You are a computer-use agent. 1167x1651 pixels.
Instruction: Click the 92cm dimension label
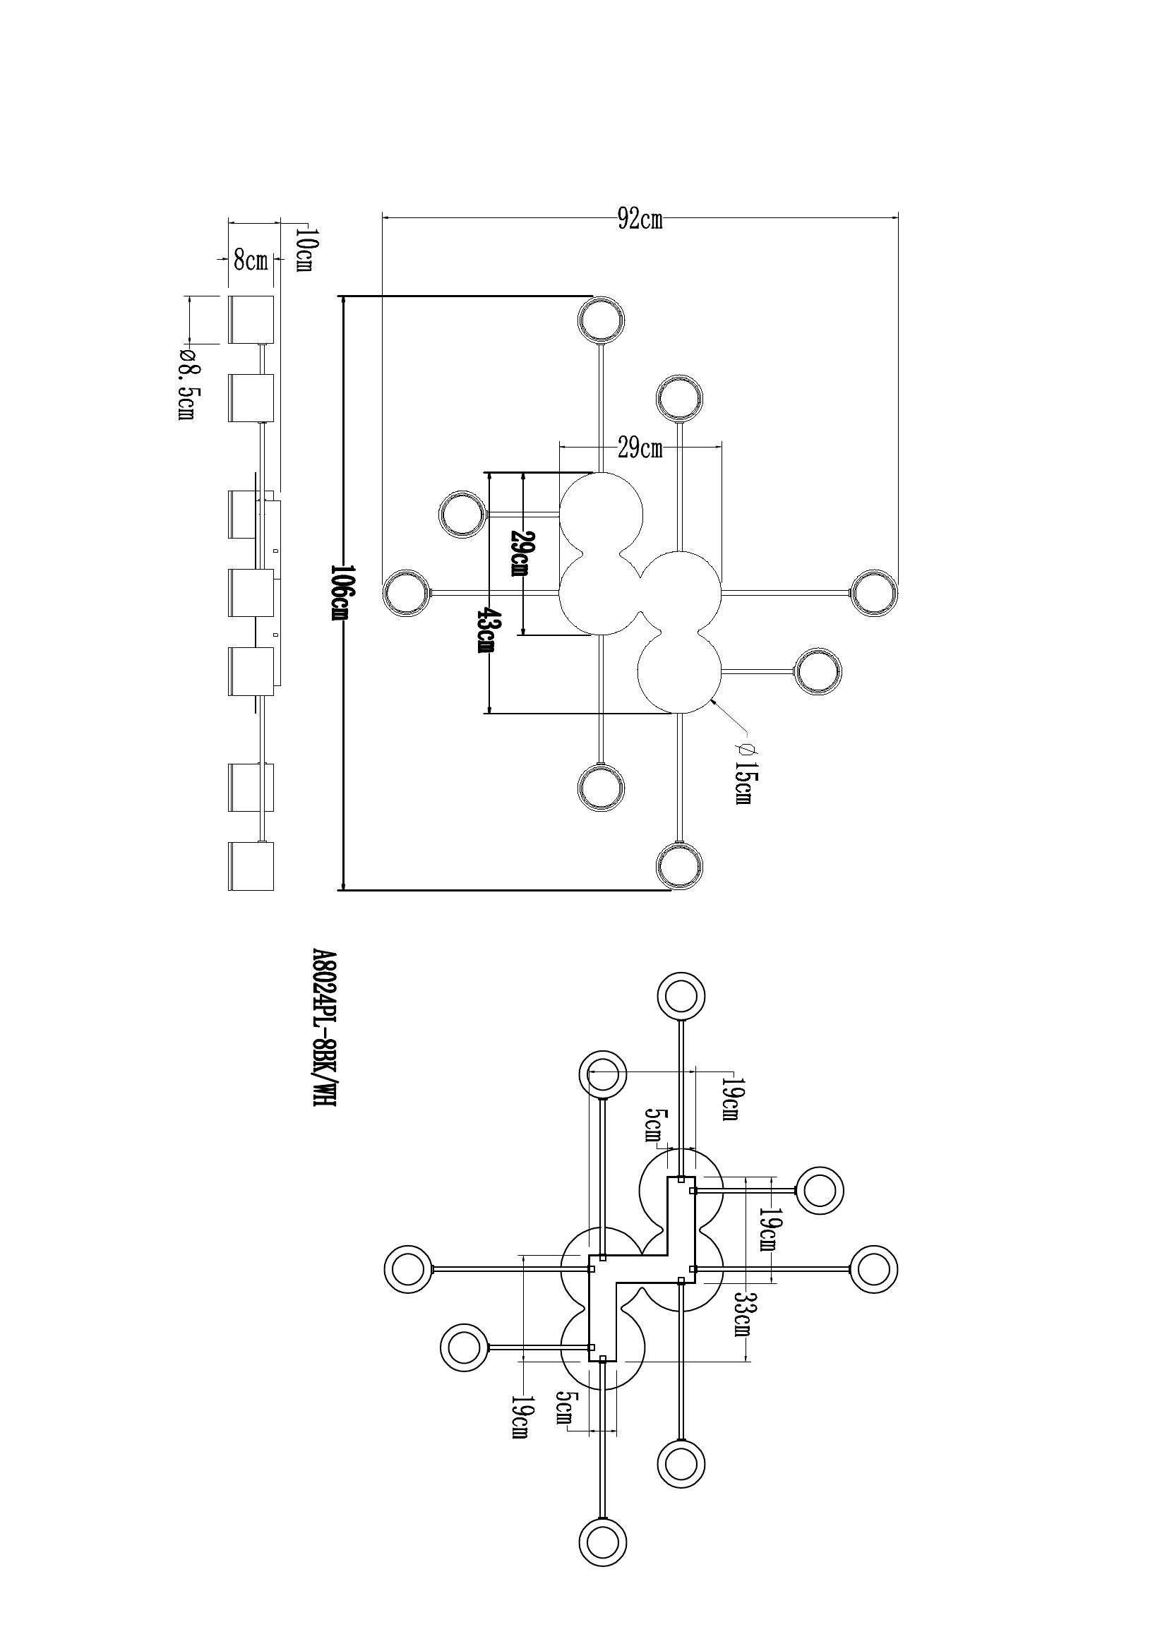(x=640, y=220)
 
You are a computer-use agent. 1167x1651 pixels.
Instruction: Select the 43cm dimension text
(x=487, y=630)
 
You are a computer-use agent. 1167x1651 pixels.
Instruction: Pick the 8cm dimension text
(x=249, y=260)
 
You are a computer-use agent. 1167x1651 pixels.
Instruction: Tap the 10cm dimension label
(x=304, y=248)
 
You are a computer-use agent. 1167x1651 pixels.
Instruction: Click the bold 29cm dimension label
(x=520, y=553)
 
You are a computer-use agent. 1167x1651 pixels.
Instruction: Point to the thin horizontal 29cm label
(x=640, y=450)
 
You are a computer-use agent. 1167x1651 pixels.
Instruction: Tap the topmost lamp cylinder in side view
(x=251, y=318)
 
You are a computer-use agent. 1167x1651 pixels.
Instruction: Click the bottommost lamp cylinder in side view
(x=251, y=866)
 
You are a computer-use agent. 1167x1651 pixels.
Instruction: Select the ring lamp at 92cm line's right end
(x=874, y=593)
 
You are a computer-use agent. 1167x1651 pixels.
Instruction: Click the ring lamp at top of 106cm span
(x=602, y=318)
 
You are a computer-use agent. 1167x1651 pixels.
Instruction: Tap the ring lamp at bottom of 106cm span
(x=679, y=865)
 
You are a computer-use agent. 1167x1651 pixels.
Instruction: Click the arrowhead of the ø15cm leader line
(x=712, y=700)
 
